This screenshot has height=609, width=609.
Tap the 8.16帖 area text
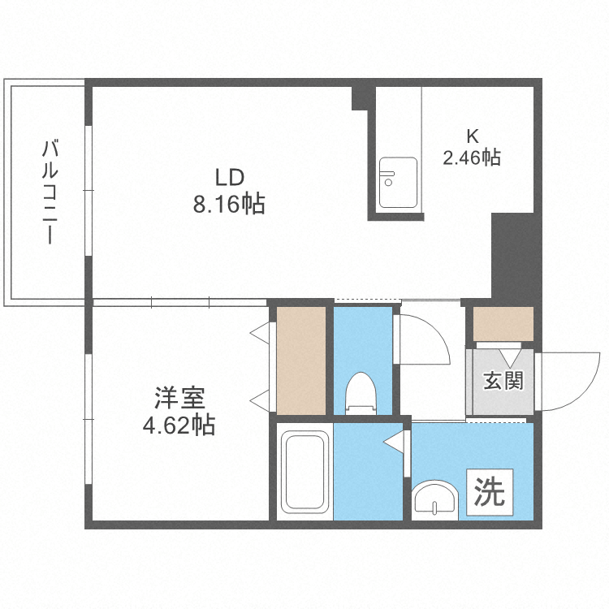(229, 205)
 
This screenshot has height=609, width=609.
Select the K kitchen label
(471, 136)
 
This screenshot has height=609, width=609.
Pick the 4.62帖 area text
(180, 425)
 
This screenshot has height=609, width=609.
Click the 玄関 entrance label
(503, 380)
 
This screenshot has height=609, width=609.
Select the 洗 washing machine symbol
(489, 491)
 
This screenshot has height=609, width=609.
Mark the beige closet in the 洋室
(300, 360)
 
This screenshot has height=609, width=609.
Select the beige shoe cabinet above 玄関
(503, 324)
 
